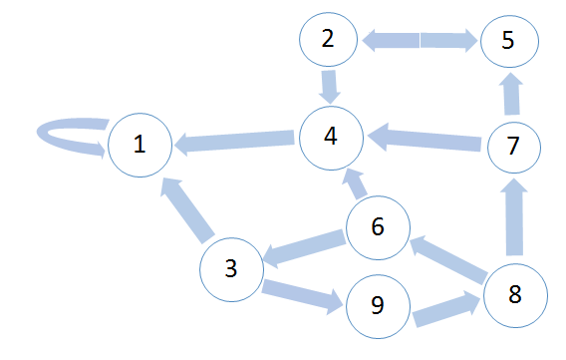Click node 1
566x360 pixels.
(x=141, y=146)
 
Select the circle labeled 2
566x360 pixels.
(x=328, y=39)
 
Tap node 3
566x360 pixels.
(x=232, y=269)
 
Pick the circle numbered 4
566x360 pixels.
(x=332, y=138)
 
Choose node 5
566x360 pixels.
(x=509, y=41)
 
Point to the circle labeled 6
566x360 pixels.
(x=378, y=227)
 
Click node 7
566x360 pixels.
(x=514, y=148)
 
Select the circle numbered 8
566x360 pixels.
(x=515, y=296)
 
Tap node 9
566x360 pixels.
(x=378, y=306)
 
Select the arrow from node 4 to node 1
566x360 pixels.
(x=234, y=141)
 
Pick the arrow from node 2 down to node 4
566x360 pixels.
(x=329, y=87)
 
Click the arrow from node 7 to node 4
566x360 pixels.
(x=424, y=139)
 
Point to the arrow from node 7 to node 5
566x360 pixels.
(x=511, y=94)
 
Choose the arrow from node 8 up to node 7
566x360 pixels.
(x=514, y=217)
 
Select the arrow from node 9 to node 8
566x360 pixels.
(x=446, y=309)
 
